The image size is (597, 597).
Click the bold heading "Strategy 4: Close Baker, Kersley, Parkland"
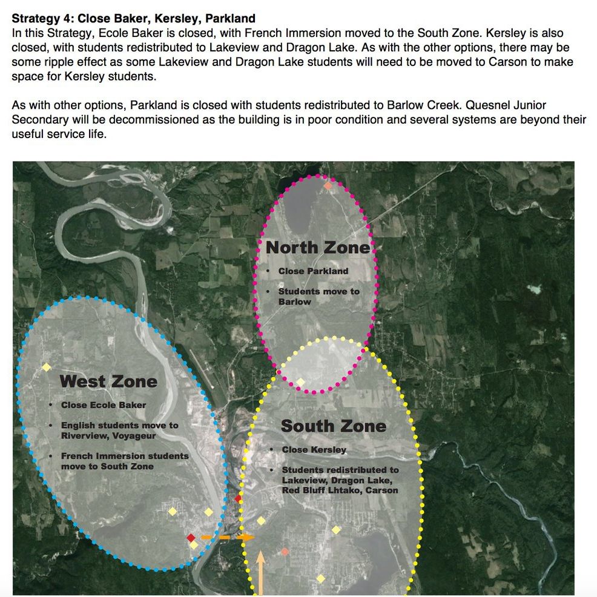(134, 19)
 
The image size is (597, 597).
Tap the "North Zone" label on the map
(317, 247)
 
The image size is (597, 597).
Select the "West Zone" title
(108, 381)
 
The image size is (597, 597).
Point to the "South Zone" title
(333, 426)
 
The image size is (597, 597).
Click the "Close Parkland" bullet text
(313, 271)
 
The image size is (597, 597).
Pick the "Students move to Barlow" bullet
(318, 297)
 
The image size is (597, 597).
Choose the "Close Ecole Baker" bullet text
(104, 405)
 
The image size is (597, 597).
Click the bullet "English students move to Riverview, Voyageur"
(119, 430)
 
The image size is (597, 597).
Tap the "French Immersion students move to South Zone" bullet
(125, 461)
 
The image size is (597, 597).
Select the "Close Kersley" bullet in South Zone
(314, 450)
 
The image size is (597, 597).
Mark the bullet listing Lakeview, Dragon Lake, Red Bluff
(340, 480)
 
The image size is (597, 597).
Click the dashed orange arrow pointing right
(227, 537)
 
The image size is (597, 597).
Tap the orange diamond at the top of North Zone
(328, 185)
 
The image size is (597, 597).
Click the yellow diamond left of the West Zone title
(46, 367)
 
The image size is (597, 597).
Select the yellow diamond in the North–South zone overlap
(300, 381)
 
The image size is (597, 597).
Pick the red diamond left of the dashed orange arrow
(191, 537)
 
